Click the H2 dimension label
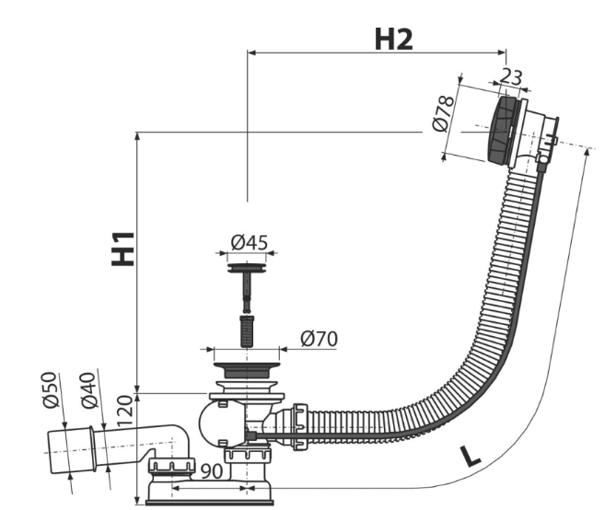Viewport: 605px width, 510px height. click(392, 39)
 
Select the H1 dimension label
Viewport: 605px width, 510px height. click(122, 249)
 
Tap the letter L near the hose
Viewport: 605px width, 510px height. click(470, 455)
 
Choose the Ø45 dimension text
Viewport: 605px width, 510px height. click(249, 242)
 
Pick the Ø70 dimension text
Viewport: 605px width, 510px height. click(319, 339)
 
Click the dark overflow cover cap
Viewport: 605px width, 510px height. click(502, 131)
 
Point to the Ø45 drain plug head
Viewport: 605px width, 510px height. click(247, 269)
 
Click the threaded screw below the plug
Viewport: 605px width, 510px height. click(247, 330)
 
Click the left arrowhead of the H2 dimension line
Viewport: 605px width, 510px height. click(251, 52)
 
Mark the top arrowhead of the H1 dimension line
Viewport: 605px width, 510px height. click(137, 136)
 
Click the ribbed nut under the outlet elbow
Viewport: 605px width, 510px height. click(172, 464)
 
